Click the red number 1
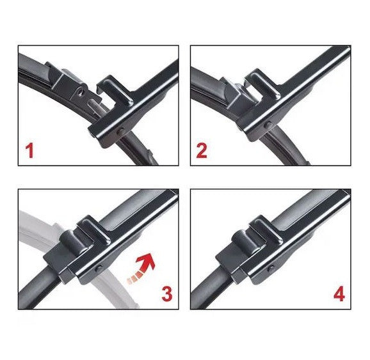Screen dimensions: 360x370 coord(29,152)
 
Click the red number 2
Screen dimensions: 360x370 coord(202,152)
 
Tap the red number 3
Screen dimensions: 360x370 coord(166,293)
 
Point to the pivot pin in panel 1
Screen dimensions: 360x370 coord(122,132)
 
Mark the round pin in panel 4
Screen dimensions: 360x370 coord(271,265)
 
